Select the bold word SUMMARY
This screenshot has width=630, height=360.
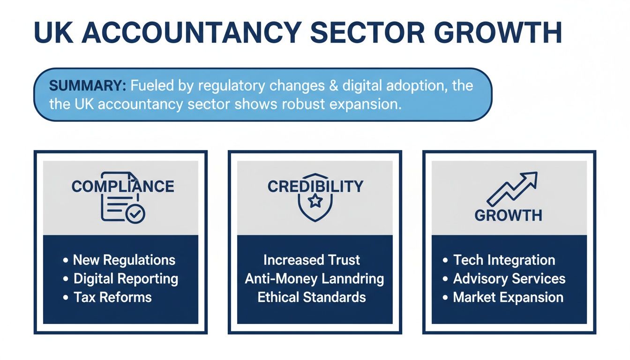pos(87,86)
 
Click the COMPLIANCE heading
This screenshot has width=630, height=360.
pos(123,186)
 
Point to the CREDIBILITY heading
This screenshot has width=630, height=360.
pos(315,186)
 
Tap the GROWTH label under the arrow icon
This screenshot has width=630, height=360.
pos(509,215)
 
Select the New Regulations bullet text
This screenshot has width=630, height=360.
pos(124,260)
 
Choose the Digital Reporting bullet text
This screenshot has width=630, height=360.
pos(126,278)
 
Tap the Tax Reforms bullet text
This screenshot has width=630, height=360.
pos(112,297)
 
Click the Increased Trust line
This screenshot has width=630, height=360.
pos(312,260)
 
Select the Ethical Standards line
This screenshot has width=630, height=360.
pos(312,297)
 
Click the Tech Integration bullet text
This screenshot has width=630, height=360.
pos(504,260)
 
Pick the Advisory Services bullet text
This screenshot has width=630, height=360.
pos(509,278)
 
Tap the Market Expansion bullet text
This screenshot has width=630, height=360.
pos(508,297)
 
